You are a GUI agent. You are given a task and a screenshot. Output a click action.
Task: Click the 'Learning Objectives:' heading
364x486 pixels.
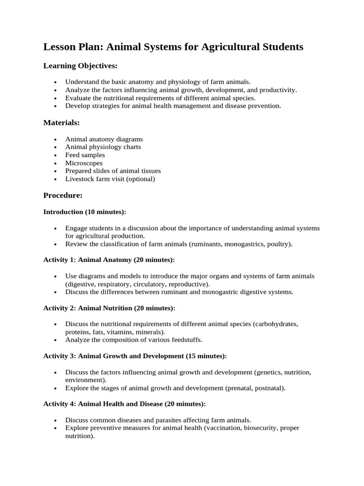tap(80, 65)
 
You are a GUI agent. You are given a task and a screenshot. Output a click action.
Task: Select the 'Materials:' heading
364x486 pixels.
tap(62, 123)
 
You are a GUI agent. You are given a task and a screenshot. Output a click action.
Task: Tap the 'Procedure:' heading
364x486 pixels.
tap(63, 195)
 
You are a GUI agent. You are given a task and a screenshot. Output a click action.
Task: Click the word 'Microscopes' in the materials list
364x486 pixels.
tap(84, 163)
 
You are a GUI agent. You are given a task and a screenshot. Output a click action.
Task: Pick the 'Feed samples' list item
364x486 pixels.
tap(85, 155)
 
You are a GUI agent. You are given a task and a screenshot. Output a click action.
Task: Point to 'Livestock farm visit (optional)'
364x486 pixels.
tap(110, 179)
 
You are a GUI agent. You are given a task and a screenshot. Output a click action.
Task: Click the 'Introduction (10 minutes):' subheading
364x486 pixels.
tap(85, 212)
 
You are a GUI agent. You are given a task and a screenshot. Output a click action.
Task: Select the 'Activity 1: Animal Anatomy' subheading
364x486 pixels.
tap(109, 260)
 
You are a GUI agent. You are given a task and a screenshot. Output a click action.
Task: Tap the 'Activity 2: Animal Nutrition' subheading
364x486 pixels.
tap(109, 308)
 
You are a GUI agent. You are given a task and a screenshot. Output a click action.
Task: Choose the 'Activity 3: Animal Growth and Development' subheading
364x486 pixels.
tap(135, 356)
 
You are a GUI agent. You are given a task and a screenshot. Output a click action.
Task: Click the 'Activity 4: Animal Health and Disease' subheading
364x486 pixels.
tap(125, 404)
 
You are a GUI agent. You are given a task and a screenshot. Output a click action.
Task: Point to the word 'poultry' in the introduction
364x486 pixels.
tap(280, 244)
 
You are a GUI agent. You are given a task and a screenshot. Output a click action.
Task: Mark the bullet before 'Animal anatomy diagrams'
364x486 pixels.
tap(55, 140)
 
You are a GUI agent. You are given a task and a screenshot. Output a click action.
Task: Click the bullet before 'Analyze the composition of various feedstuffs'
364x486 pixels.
tap(55, 340)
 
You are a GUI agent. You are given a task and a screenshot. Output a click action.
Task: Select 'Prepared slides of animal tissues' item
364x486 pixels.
tap(113, 171)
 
